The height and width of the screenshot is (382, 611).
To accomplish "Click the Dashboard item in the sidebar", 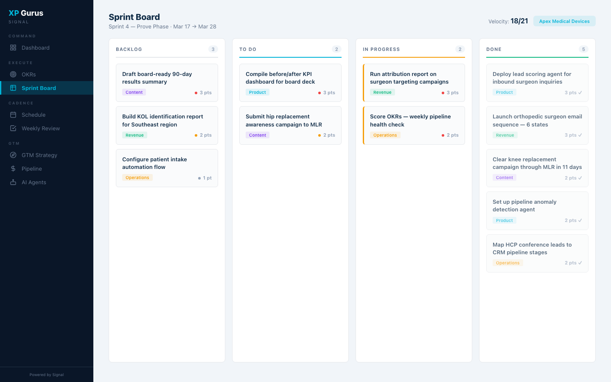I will pyautogui.click(x=36, y=48).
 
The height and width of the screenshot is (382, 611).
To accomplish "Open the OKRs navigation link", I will pyautogui.click(x=28, y=75).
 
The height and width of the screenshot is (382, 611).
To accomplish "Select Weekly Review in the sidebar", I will pyautogui.click(x=40, y=129).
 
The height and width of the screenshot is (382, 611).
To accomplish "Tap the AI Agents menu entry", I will pyautogui.click(x=34, y=183).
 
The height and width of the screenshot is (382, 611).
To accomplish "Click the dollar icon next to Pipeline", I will pyautogui.click(x=13, y=169).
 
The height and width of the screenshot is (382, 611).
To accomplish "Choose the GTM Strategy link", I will pyautogui.click(x=39, y=155).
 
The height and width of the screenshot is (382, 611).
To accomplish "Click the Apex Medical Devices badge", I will pyautogui.click(x=564, y=21).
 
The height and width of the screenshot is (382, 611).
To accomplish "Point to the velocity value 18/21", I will pyautogui.click(x=519, y=21).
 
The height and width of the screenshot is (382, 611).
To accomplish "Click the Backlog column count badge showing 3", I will pyautogui.click(x=213, y=49).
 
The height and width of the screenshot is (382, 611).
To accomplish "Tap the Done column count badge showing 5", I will pyautogui.click(x=583, y=49).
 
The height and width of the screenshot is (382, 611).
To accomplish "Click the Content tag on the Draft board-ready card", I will pyautogui.click(x=134, y=93).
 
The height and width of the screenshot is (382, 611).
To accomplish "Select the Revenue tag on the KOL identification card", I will pyautogui.click(x=135, y=135).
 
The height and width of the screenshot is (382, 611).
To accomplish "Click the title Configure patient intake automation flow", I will pyautogui.click(x=154, y=163).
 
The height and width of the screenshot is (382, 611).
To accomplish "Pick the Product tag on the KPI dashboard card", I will pyautogui.click(x=258, y=93).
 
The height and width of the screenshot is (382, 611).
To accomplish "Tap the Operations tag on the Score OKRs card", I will pyautogui.click(x=385, y=135).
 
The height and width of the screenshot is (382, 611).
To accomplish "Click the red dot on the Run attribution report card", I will pyautogui.click(x=443, y=93).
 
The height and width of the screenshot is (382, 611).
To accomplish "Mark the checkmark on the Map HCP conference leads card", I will pyautogui.click(x=580, y=263).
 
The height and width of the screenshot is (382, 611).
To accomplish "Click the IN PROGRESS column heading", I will pyautogui.click(x=381, y=50).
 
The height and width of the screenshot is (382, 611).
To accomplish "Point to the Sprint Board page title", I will pyautogui.click(x=134, y=17).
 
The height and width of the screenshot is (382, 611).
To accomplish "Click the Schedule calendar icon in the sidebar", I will pyautogui.click(x=13, y=115).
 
